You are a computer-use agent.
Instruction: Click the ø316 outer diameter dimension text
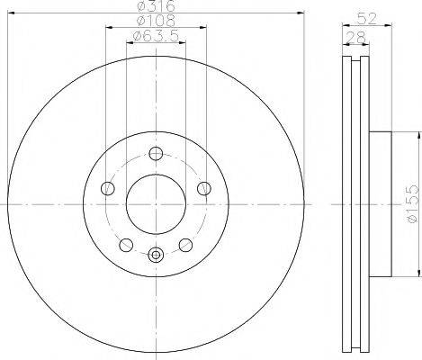coord(156,7)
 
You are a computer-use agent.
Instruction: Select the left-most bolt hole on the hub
coord(109,188)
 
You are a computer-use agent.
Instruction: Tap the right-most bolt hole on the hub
coord(204,188)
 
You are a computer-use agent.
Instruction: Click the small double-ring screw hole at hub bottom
coord(157,255)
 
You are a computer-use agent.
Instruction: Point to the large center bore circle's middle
coord(157,203)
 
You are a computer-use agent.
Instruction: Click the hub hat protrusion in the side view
coord(382,204)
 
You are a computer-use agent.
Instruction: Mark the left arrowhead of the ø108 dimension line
coord(107,26)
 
